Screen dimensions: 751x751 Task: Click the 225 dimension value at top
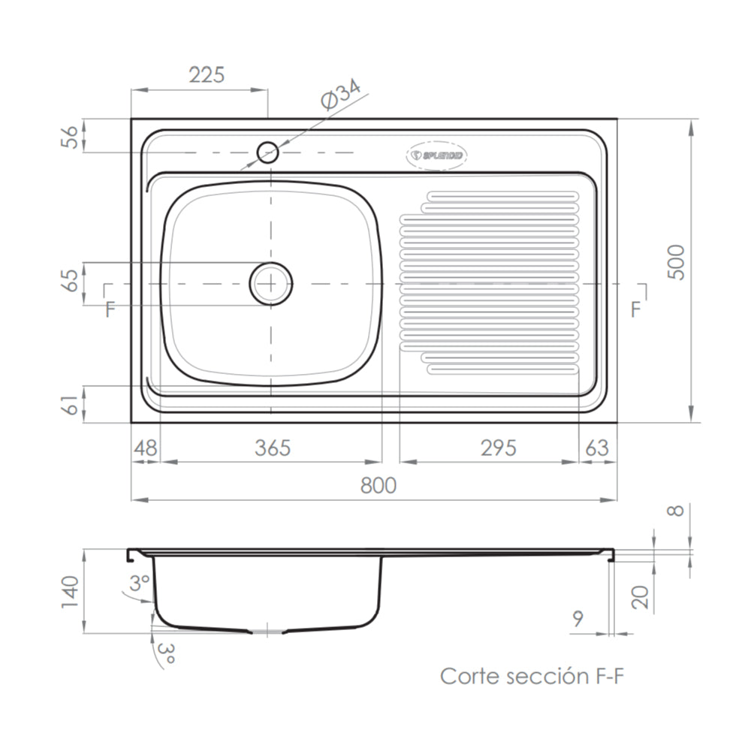207,75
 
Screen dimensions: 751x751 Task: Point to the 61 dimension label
69,404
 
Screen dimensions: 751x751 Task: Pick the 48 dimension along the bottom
146,448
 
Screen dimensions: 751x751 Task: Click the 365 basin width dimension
272,448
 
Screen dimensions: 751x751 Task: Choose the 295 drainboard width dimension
498,448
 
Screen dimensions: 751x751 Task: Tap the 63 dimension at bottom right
596,448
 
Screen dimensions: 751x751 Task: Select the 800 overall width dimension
378,486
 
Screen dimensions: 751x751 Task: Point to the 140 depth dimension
69,593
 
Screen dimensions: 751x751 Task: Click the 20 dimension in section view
640,597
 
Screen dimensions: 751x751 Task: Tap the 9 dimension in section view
578,620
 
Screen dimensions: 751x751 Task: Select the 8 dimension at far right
676,511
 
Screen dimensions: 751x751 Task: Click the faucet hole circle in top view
268,152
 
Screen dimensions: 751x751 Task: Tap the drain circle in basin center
270,284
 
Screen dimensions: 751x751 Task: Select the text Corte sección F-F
532,676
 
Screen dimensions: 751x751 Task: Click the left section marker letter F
110,309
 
